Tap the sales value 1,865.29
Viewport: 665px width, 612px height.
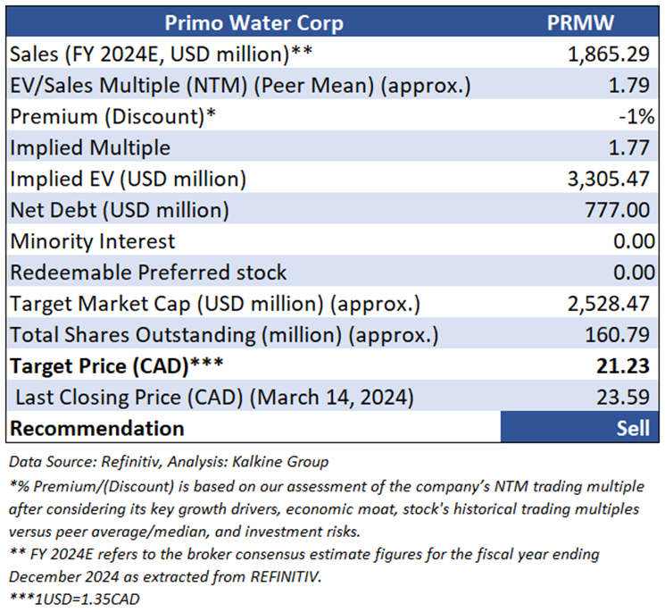(608, 54)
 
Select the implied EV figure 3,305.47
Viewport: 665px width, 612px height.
(608, 179)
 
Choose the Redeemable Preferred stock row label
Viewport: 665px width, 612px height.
(148, 272)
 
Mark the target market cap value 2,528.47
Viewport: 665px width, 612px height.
(608, 304)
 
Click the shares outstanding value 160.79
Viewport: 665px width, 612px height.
(618, 335)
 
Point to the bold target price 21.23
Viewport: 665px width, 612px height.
(623, 366)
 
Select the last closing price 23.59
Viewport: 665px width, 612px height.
(623, 397)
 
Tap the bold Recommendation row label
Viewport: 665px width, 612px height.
(96, 428)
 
